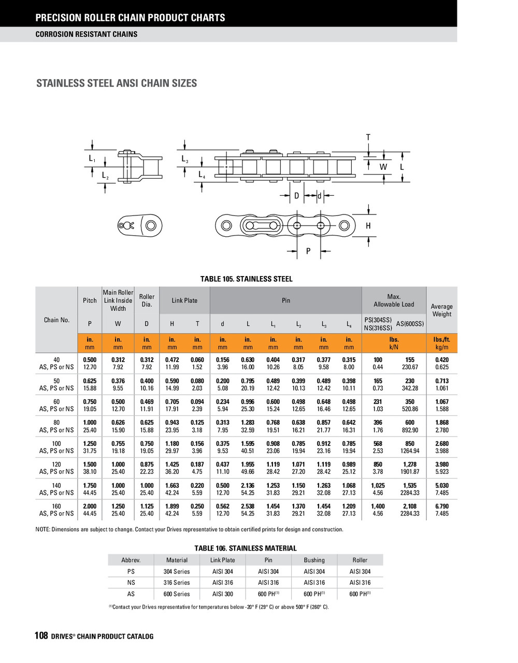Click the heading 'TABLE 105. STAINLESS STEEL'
coord(247,279)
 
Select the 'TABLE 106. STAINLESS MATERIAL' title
coord(246,548)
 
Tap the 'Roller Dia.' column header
coord(147,300)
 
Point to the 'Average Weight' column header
coord(441,310)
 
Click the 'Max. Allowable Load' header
coord(394,300)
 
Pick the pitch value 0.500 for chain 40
coord(90,359)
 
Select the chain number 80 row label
coord(56,423)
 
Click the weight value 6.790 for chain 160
coord(442,506)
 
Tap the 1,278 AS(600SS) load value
coord(410,464)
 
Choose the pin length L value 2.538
coord(248,506)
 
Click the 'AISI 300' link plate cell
coord(222,594)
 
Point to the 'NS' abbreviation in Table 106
coord(131,583)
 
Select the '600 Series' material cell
coord(177,594)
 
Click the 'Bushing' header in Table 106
coord(314,560)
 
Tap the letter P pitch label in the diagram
coord(308,251)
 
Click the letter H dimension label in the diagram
coord(368,226)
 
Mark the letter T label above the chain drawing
coord(368,137)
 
